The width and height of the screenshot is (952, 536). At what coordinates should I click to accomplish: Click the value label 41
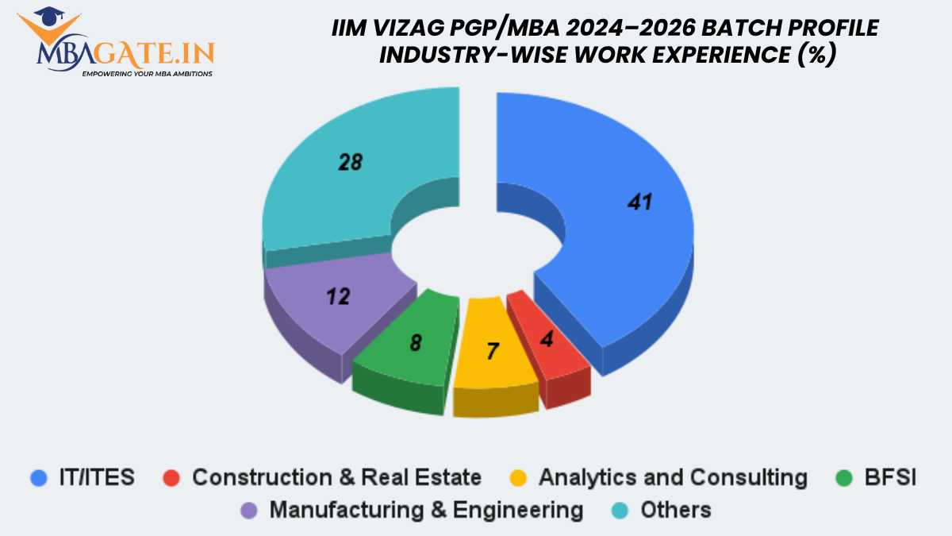(639, 202)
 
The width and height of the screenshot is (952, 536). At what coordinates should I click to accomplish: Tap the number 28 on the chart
(350, 163)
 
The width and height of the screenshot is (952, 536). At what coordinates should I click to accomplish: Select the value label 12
(339, 296)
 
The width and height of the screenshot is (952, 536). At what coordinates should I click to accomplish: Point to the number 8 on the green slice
(416, 343)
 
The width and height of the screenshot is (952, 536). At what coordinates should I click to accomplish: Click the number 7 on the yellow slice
(493, 351)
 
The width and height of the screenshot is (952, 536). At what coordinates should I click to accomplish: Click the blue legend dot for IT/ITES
(36, 477)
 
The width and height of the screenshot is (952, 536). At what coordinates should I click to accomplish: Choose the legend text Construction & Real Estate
(336, 477)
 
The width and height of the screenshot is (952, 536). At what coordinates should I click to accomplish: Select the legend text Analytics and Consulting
(673, 477)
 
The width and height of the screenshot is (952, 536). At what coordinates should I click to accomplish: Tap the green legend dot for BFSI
(846, 477)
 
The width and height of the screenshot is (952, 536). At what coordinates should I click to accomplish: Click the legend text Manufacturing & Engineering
(426, 509)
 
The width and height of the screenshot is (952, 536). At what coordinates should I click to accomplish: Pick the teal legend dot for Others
(627, 509)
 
